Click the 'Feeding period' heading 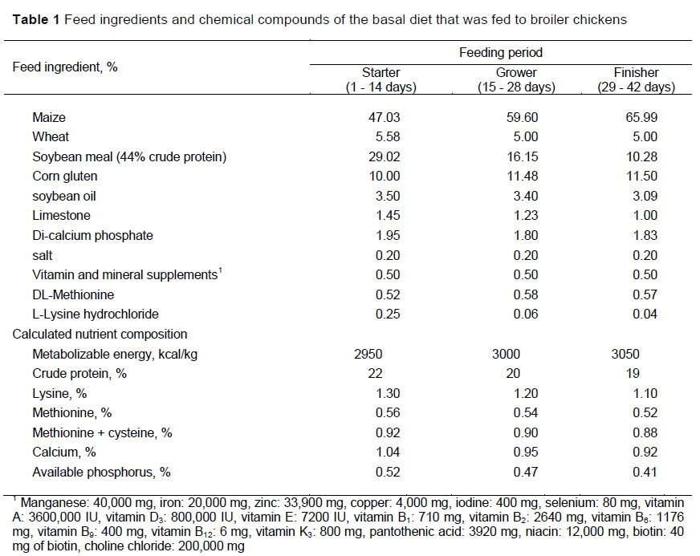click(x=501, y=53)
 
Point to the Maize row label click(x=49, y=117)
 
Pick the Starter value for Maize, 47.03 click(x=382, y=117)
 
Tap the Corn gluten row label click(x=65, y=176)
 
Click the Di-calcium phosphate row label click(x=92, y=235)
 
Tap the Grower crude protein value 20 click(x=513, y=373)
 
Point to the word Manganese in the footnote click(x=50, y=501)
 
